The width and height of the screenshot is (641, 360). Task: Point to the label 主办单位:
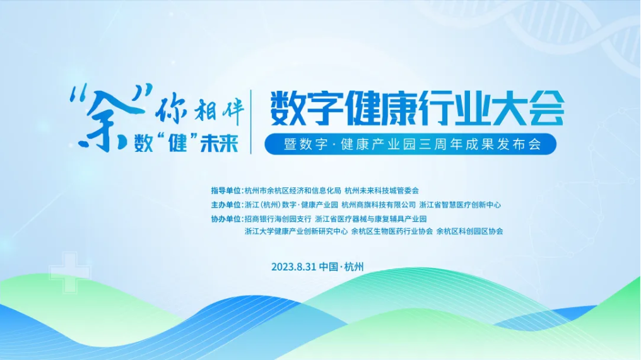point(226,204)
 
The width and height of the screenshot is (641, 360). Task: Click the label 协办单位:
point(226,219)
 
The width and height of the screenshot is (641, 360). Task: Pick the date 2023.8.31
point(294,267)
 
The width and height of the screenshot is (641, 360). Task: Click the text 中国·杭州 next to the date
point(342,267)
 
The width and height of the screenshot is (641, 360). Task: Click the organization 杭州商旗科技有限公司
point(379,204)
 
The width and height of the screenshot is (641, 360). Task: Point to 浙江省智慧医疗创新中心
point(460,204)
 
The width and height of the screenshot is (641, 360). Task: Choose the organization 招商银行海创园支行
point(278,219)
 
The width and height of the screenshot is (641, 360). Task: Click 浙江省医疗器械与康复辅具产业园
point(371,219)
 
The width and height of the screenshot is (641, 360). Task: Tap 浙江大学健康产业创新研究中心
point(296,231)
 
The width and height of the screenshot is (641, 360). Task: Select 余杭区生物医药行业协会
point(392,231)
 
